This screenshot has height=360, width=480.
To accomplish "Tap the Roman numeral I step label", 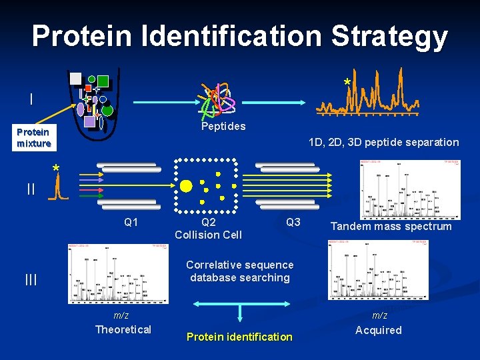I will pos(31,99).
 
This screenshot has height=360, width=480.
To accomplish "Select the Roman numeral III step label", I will pos(31,280).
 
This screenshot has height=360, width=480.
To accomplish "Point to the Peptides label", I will pos(223,126).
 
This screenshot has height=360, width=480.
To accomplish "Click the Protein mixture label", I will pos(33,138).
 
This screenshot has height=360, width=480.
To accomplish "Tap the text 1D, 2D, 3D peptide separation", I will pos(383,142).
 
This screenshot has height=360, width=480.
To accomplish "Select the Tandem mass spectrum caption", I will pos(391,227).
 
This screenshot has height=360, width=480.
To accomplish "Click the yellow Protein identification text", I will pos(239,337).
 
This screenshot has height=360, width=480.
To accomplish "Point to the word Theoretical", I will pos(123,329).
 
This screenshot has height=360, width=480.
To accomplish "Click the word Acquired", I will pos(379,330).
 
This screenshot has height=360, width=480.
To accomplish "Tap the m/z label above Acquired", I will pos(379,315).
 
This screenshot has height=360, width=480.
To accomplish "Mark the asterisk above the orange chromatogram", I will pos(346,82).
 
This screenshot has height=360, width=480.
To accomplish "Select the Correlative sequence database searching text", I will pos(239,271).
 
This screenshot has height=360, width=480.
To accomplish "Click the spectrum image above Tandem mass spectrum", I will pos(409,189).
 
